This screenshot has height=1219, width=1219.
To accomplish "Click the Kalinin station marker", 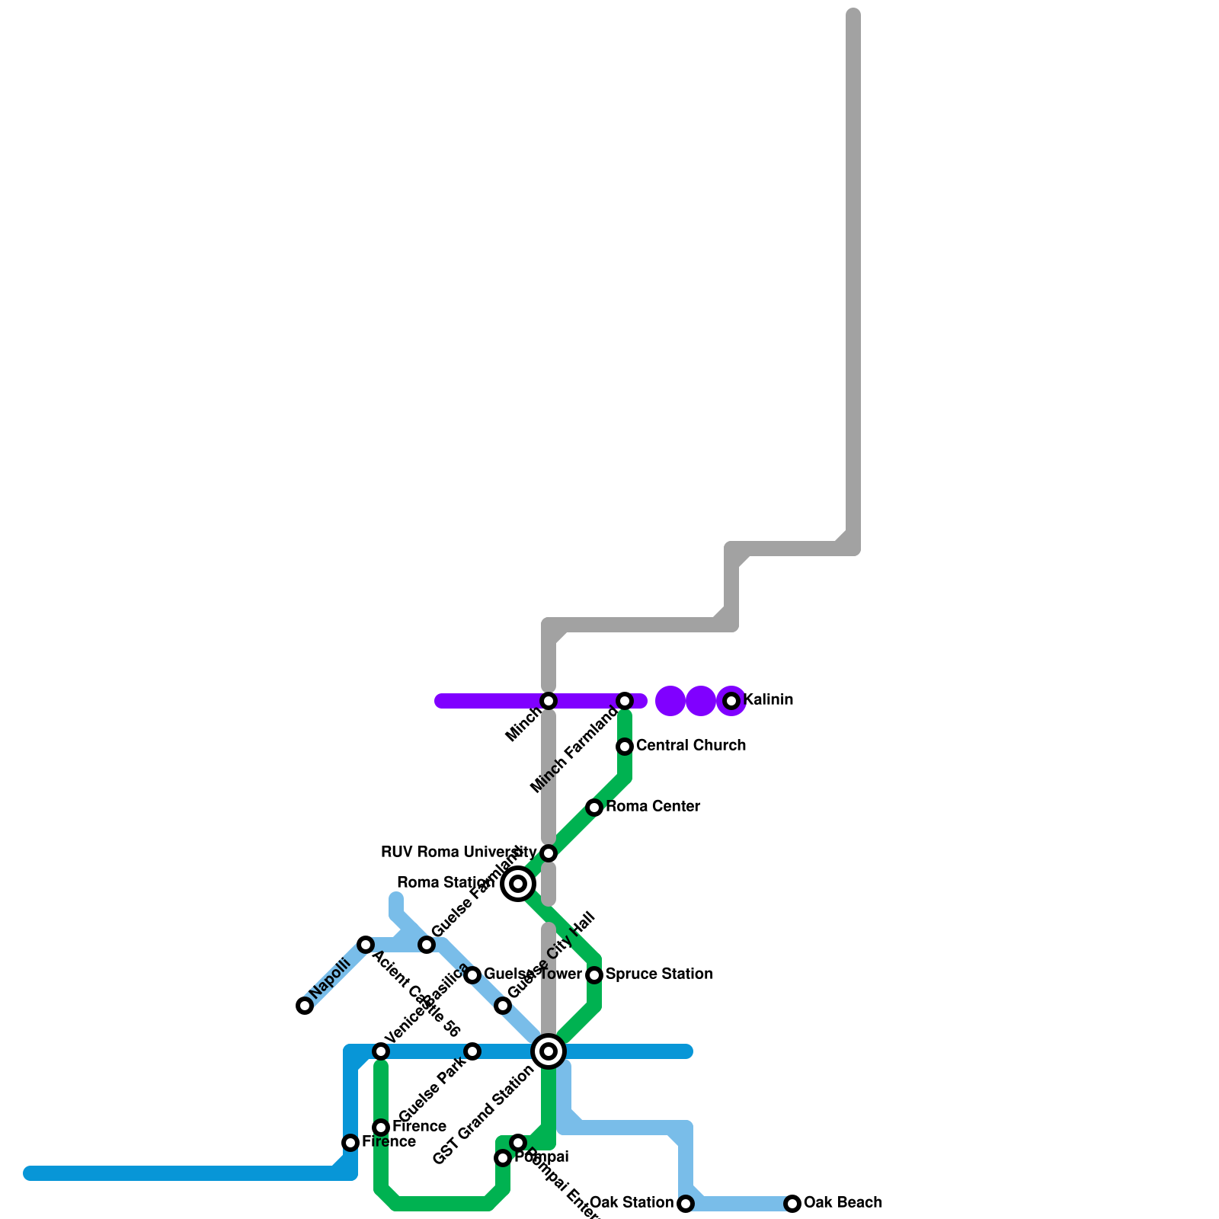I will (x=731, y=701).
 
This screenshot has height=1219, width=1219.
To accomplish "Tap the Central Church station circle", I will (x=625, y=747).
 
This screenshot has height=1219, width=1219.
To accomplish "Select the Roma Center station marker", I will (x=594, y=808).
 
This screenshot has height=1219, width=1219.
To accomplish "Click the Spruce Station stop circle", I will (x=594, y=975).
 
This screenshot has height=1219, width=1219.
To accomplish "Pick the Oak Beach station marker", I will (x=792, y=1204).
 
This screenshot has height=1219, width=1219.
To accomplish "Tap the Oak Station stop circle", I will (x=686, y=1204).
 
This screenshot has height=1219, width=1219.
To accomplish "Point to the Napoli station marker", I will (x=305, y=1006).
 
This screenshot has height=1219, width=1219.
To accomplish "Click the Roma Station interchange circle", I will (x=518, y=884).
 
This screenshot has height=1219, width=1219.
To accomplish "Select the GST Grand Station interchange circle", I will (x=549, y=1051).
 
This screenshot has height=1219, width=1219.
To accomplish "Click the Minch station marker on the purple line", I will (x=549, y=701).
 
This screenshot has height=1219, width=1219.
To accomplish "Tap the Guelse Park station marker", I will (x=472, y=1051).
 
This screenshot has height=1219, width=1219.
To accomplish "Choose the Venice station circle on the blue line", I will (x=381, y=1051).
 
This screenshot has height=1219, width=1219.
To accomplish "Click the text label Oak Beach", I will (x=843, y=1202).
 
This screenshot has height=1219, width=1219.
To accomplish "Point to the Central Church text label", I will (x=690, y=745).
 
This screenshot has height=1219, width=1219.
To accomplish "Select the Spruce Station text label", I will (x=659, y=974).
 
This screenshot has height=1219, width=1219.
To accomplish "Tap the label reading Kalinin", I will (x=768, y=699).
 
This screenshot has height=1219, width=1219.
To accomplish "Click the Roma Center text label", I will (x=653, y=806).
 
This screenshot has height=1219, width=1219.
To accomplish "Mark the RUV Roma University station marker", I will (x=549, y=853).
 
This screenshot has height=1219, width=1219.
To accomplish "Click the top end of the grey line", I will (x=853, y=15).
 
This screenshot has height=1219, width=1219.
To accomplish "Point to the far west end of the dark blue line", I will (x=30, y=1173).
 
